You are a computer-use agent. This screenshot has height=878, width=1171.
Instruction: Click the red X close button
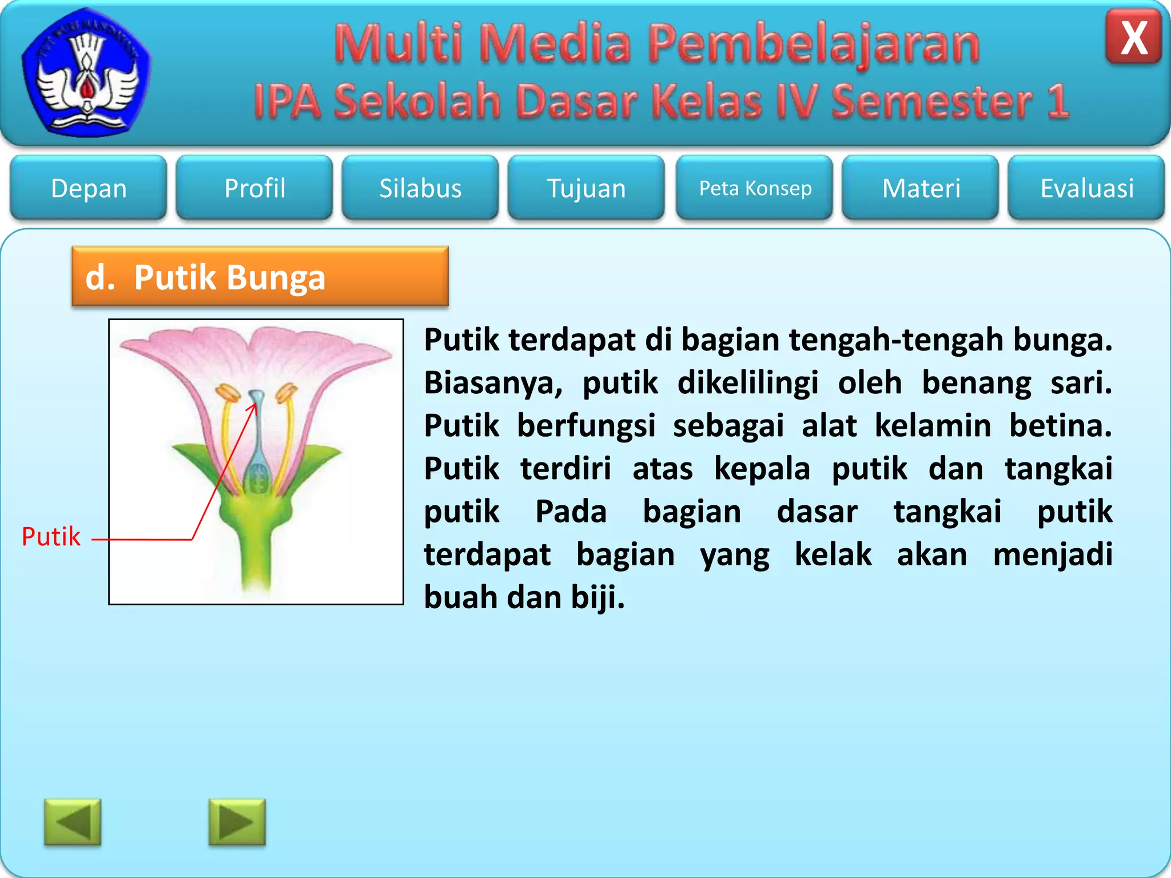click(1133, 38)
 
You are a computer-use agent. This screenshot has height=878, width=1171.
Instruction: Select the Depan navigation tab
click(89, 188)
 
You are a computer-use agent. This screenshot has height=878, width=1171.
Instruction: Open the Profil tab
click(254, 188)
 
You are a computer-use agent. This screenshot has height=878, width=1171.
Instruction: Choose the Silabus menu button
click(420, 188)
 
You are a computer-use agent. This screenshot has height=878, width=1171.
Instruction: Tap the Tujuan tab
click(586, 188)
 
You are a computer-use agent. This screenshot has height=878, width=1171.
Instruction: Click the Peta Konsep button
click(755, 188)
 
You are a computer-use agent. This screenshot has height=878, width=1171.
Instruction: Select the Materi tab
click(921, 188)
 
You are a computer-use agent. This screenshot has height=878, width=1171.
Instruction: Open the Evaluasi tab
click(1086, 188)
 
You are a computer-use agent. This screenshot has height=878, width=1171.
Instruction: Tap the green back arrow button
click(73, 822)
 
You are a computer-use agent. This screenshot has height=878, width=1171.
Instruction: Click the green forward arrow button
click(237, 822)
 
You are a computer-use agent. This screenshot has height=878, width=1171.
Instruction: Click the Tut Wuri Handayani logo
click(86, 71)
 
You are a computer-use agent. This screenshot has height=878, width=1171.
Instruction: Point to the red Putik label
click(51, 537)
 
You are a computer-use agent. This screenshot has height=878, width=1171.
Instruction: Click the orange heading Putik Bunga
click(260, 277)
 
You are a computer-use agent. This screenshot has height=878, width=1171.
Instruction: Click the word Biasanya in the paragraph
click(493, 383)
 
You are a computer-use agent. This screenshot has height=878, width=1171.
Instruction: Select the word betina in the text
click(1060, 426)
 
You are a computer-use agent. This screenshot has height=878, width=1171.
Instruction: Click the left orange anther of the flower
click(228, 394)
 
